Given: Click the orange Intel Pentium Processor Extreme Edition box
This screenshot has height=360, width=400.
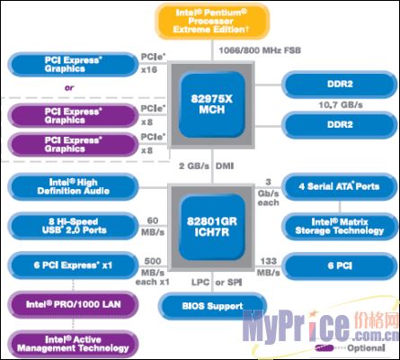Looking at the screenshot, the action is pos(212,22).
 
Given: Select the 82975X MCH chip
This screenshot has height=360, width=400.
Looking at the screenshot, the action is pos(212,104).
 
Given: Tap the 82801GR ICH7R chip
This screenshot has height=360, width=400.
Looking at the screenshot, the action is pos(212,227).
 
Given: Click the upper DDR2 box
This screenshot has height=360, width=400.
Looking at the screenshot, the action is pos(340,85).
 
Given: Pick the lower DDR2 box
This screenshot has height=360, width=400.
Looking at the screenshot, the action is pos(340,125).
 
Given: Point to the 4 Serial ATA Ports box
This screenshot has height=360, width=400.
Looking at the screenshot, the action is pos(340,187).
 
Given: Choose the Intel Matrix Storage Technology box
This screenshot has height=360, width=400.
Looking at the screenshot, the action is pos(340,227).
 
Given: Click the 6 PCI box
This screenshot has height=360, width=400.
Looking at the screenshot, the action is pos(340,266).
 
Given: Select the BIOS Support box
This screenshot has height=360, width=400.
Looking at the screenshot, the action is pos(212,307).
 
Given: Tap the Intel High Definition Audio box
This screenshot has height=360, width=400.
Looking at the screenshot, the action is pos(74,187).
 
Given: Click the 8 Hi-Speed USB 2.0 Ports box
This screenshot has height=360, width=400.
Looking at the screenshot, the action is pos(74,226).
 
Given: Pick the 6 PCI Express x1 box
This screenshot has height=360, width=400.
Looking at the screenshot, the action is pos(74,265).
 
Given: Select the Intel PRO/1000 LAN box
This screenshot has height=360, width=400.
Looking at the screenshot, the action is pos(74,305).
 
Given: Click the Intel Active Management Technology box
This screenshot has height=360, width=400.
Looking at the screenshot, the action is pos(74,344).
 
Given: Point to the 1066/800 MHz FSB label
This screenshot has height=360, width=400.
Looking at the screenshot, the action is pos(260,50).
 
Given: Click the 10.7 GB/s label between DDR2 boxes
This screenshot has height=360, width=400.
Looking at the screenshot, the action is pos(341,105).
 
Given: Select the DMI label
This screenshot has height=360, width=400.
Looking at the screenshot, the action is pos(225,166).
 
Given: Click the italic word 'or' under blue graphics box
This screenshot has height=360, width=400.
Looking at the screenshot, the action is pos(69,88).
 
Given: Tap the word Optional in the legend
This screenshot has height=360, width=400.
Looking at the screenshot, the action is pos(366,348).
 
